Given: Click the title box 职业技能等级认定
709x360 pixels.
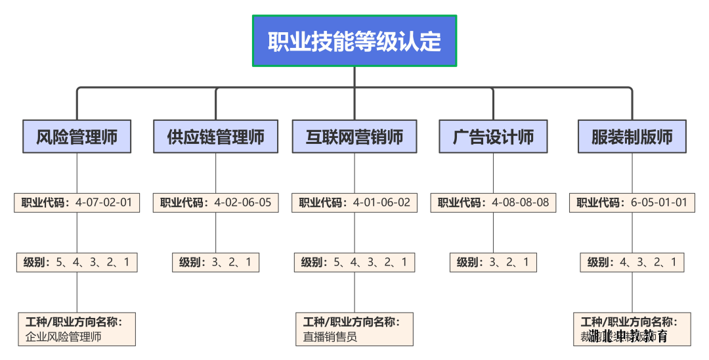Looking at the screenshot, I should pos(354,41).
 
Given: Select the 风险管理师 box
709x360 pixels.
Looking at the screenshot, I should pos(77,137).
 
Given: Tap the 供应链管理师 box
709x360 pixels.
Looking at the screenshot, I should pos(215,137).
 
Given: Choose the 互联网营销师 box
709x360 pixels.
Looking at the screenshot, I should pos(354,137).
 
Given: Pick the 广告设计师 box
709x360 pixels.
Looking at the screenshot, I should pos(493,137).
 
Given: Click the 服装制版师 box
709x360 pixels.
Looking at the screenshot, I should pos(632,137).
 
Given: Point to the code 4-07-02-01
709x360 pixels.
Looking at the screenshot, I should pos(104,202).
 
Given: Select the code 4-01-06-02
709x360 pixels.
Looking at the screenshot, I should pos(381,202).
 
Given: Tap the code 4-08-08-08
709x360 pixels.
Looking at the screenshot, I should pos(521,202).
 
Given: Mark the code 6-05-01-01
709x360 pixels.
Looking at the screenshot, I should pos(659,202).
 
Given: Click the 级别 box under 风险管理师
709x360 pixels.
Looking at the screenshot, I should pos(77,263).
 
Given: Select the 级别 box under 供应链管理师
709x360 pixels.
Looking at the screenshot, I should pos(215,263).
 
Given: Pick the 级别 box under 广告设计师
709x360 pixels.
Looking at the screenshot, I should pos(493,263).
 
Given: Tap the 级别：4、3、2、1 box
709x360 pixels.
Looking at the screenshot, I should pos(632,263).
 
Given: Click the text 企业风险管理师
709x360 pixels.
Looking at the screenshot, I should pos(64,337).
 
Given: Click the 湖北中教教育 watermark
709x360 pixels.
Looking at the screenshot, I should pos(628,337).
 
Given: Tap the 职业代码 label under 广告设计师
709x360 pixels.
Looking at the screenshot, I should pos(460,202).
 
